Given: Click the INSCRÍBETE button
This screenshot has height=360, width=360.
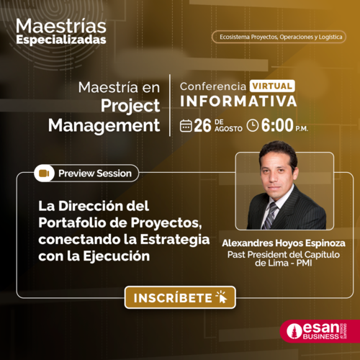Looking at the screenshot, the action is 180,297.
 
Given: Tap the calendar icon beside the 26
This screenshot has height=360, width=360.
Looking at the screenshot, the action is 186,126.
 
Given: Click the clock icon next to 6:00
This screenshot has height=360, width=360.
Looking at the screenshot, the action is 253,126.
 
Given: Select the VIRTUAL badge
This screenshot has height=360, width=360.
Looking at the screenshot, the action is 272,86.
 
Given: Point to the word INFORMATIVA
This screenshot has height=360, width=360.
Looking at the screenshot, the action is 238,101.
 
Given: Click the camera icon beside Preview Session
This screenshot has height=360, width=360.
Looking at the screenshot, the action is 44,173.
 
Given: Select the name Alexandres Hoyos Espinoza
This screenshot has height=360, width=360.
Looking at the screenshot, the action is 284,243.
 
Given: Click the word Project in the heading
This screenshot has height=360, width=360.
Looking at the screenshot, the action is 130,106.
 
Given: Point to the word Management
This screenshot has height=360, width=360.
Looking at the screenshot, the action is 104,125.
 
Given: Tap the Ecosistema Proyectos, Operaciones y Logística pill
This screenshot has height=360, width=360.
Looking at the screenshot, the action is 279,37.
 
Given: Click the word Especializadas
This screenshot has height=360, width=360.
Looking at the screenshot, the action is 61,40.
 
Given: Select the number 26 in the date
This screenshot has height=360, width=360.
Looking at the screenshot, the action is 202,125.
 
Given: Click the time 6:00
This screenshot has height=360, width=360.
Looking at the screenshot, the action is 277,125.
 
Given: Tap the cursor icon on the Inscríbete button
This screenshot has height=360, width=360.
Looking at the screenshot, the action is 222,297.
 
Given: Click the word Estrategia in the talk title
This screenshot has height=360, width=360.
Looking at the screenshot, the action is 175,240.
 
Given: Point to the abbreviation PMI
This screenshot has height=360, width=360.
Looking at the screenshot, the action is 304,263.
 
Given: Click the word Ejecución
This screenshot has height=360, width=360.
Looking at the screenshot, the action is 117,256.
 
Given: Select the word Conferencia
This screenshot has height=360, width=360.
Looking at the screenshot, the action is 213,86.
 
